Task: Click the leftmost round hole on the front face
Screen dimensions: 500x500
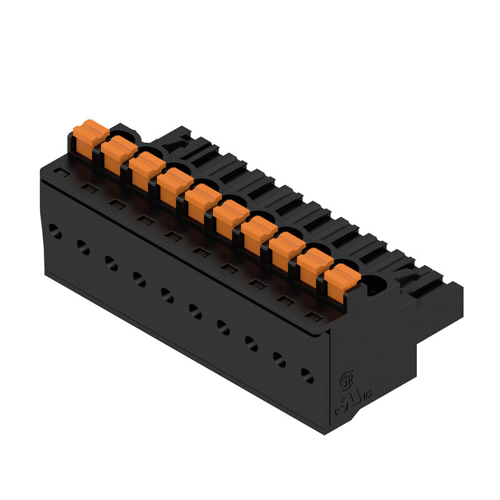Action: click(56, 233)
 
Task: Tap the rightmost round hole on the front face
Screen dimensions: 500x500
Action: click(307, 375)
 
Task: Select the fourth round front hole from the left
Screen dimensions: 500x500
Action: click(139, 279)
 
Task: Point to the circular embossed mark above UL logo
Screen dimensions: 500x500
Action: click(346, 379)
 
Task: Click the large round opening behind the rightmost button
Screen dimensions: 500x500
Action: click(374, 286)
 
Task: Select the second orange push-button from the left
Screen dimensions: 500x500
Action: click(119, 154)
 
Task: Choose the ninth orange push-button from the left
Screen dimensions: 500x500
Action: click(314, 266)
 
